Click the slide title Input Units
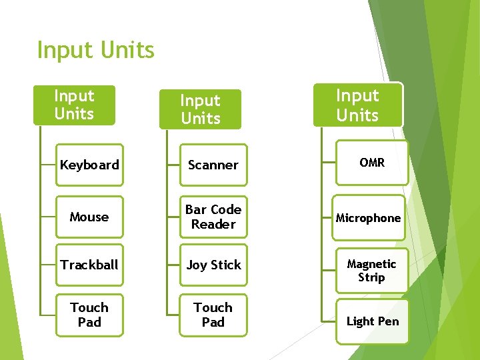tap(95, 50)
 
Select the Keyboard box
tap(89, 165)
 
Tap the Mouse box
tap(89, 217)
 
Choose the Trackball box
tap(89, 265)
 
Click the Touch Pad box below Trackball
tap(89, 315)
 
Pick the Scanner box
tap(213, 165)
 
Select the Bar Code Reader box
tap(213, 217)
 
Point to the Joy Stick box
tap(213, 265)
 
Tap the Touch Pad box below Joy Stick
tap(213, 315)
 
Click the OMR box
tap(372, 163)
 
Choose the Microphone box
tap(369, 218)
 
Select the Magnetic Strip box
tap(372, 271)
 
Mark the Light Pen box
tap(372, 321)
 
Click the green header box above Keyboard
tap(74, 105)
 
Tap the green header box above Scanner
tap(201, 109)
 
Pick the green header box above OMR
tap(358, 105)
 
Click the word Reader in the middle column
tap(213, 225)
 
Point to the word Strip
tap(371, 277)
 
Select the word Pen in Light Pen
tap(388, 321)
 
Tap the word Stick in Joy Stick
tap(226, 265)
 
